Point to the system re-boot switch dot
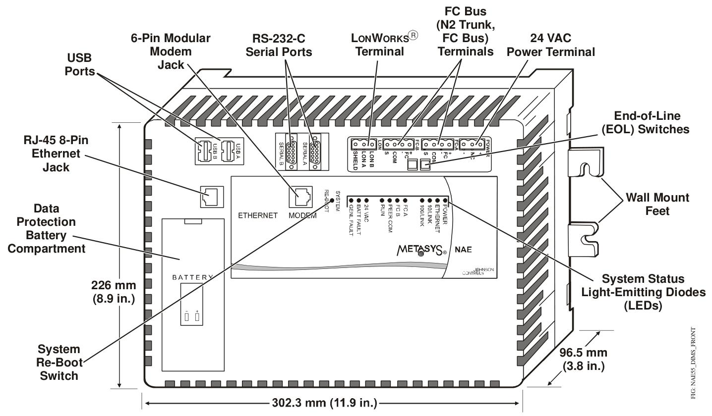(x=332, y=200)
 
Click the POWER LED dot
(x=445, y=200)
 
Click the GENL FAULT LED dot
(x=351, y=200)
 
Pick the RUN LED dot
(x=382, y=200)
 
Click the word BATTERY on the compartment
(x=192, y=277)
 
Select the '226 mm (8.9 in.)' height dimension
(x=114, y=292)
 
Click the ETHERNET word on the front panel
(x=257, y=215)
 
